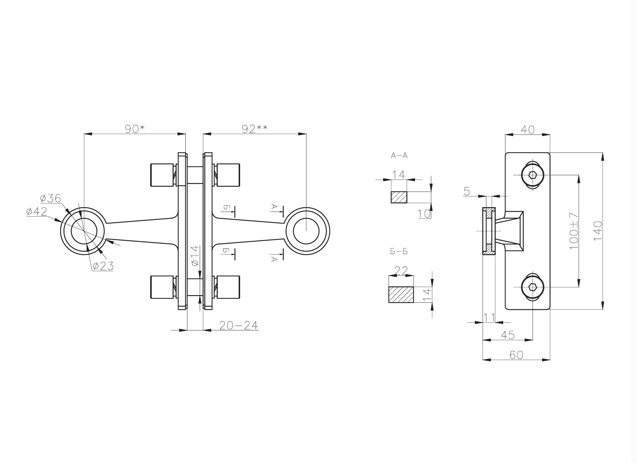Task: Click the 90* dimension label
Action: [134, 129]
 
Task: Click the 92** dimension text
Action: [254, 129]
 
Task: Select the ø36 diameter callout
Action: [50, 198]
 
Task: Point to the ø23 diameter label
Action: [102, 266]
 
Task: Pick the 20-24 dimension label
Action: [238, 325]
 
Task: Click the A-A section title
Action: [399, 155]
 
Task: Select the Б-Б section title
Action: [399, 251]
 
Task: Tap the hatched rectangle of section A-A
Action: [399, 197]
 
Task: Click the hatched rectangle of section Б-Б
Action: [401, 294]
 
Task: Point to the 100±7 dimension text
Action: [574, 231]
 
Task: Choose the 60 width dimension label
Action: [516, 355]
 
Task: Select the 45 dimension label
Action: [508, 335]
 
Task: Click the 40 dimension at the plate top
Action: [528, 129]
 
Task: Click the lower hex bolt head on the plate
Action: [532, 287]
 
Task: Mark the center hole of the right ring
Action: [306, 231]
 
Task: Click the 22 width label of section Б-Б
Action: [401, 270]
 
